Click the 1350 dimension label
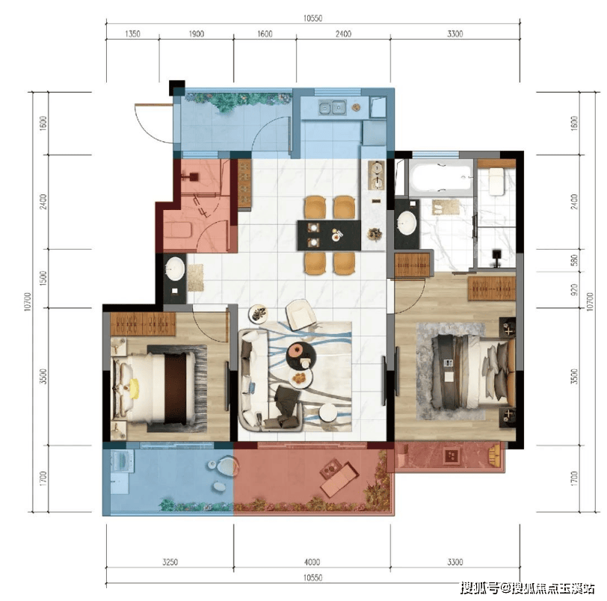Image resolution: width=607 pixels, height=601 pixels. pyautogui.click(x=132, y=34)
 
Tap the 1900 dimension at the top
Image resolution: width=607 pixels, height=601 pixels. pyautogui.click(x=197, y=34)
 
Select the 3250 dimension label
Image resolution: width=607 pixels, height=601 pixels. pyautogui.click(x=170, y=562)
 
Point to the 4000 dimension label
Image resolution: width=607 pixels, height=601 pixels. pyautogui.click(x=312, y=562)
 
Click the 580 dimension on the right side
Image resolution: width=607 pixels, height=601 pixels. pyautogui.click(x=574, y=260)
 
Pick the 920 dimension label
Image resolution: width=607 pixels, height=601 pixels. pyautogui.click(x=574, y=289)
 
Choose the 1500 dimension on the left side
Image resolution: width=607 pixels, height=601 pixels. pyautogui.click(x=43, y=278)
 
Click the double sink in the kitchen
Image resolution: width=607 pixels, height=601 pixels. pyautogui.click(x=332, y=108)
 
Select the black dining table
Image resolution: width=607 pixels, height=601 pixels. pyautogui.click(x=329, y=235)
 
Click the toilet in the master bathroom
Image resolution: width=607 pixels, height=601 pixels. pyautogui.click(x=496, y=181)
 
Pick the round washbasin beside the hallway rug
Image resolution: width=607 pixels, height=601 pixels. pyautogui.click(x=175, y=268)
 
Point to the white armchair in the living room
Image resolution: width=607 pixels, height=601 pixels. pyautogui.click(x=301, y=314)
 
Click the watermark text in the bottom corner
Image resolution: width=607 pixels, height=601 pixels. pyautogui.click(x=528, y=588)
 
